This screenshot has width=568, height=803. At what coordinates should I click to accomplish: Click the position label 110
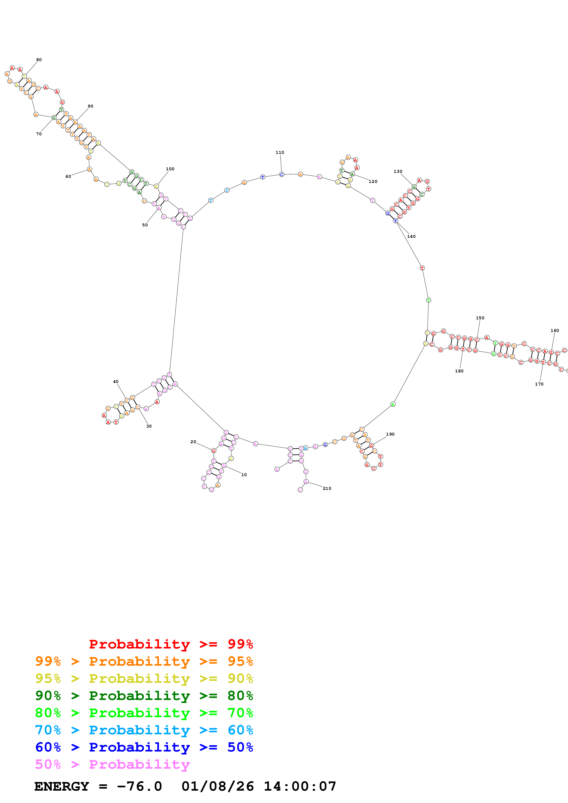[x=280, y=152]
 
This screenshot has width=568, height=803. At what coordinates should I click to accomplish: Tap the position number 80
[x=39, y=60]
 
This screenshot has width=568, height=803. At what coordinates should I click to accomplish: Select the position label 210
[x=327, y=488]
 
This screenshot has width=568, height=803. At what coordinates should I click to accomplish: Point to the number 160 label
[x=555, y=331]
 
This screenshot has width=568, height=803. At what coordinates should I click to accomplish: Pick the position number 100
[x=170, y=169]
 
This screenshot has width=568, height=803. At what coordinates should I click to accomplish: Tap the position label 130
[x=398, y=172]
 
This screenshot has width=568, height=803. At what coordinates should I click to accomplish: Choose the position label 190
[x=390, y=434]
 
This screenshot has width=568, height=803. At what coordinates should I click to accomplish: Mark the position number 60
[x=68, y=177]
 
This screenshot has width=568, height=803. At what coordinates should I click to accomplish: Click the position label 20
[x=193, y=442]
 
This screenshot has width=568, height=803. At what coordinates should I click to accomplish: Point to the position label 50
[x=145, y=225]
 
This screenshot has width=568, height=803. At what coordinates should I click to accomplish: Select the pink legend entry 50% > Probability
[x=112, y=765]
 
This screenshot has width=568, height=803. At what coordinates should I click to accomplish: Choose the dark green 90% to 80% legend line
[x=144, y=696]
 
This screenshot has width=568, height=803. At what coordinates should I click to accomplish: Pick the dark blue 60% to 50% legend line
[x=144, y=747]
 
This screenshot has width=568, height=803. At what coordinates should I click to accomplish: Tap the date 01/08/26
[x=217, y=787]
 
